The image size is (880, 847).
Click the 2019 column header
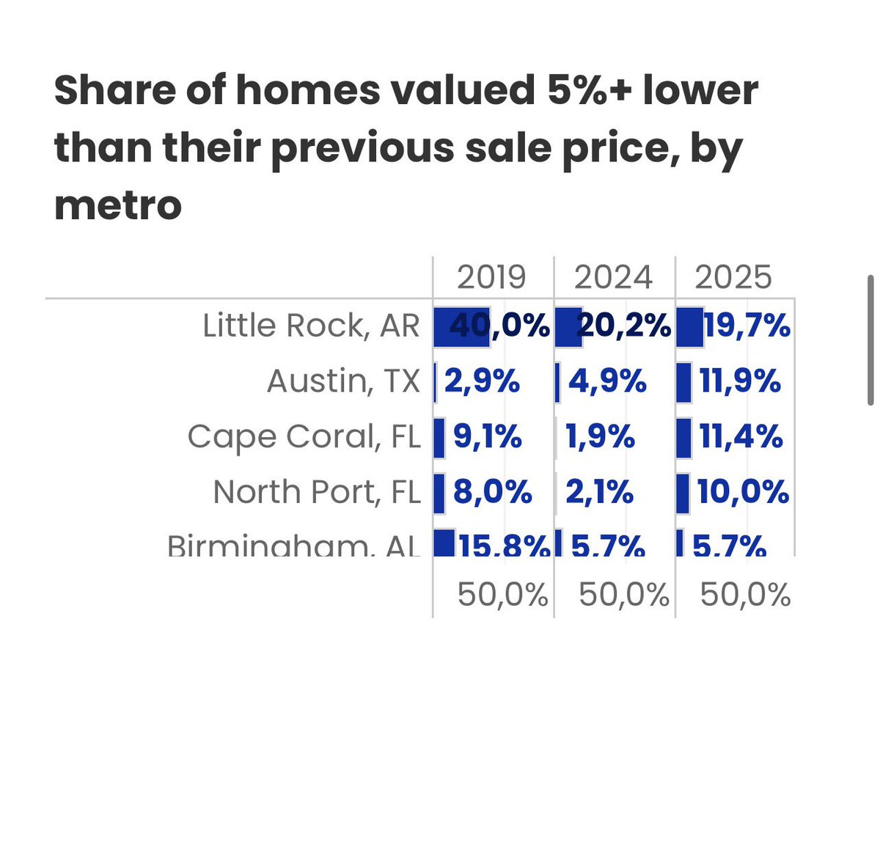tap(491, 277)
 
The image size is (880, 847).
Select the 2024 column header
tap(613, 277)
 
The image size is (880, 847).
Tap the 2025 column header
tap(733, 277)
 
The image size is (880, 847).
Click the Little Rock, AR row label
tap(311, 326)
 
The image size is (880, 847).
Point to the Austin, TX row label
tap(343, 381)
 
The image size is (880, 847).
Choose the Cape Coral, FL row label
tap(304, 437)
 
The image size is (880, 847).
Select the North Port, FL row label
tap(317, 492)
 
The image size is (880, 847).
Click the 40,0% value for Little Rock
tap(499, 326)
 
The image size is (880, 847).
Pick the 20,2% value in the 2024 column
tap(624, 326)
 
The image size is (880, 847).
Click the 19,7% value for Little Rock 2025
tap(747, 326)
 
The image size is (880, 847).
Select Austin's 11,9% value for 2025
tap(740, 381)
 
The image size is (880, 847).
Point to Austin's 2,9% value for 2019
tap(482, 381)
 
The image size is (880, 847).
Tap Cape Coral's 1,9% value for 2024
tap(600, 437)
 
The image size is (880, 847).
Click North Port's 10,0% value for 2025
tap(743, 492)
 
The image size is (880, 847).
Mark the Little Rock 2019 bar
tap(461, 327)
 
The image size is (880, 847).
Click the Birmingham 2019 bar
tap(444, 543)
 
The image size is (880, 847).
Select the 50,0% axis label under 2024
tap(623, 595)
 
